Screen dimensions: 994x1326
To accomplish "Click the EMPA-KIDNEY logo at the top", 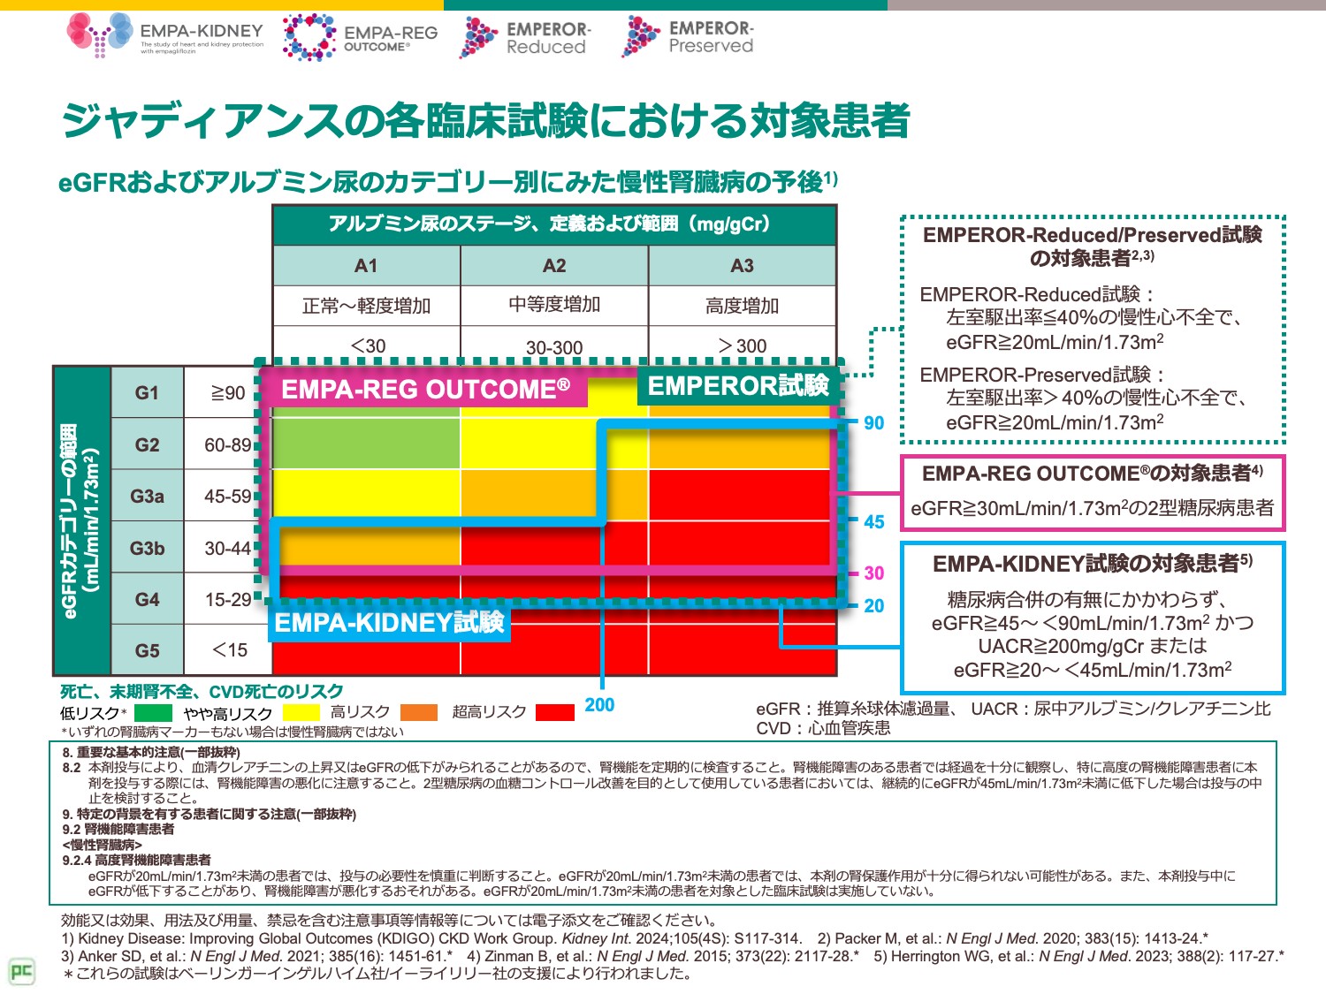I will [x=165, y=35].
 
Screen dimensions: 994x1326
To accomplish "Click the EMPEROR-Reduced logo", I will [x=525, y=37].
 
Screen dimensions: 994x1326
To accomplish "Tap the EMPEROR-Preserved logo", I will [x=688, y=37].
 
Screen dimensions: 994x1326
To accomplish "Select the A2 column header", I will [x=554, y=265].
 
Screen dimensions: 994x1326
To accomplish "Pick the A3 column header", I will [x=743, y=265].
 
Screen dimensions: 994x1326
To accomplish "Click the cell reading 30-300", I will [x=554, y=347].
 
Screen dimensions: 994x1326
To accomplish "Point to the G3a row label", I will [x=147, y=496].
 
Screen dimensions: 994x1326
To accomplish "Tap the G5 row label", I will [x=147, y=650].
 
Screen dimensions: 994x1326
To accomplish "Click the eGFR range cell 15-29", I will [x=228, y=600].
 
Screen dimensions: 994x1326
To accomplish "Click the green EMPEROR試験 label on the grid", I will [x=739, y=386].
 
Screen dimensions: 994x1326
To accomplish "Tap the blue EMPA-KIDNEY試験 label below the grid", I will [x=389, y=623].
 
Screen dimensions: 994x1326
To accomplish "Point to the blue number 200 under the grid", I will [x=599, y=705].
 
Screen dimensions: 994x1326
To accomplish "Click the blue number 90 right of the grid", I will [x=873, y=423].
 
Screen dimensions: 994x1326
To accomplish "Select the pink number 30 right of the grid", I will [x=873, y=573].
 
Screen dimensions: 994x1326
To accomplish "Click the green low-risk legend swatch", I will [x=153, y=712].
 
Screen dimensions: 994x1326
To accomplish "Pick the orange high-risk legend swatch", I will [x=419, y=712].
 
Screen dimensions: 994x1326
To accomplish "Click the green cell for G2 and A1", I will [x=366, y=444].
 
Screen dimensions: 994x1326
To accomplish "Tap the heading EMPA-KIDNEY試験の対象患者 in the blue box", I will [x=1093, y=564].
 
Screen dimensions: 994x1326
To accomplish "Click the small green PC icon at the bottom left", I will [x=21, y=971].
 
